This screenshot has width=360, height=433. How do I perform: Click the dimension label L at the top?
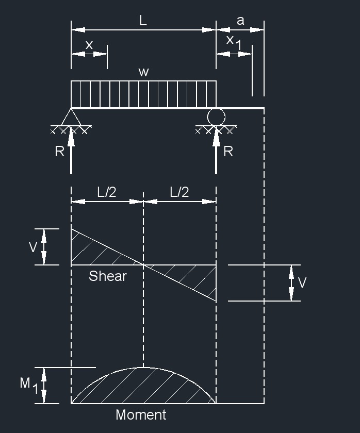coord(143,21)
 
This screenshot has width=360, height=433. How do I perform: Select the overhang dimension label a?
coord(240,21)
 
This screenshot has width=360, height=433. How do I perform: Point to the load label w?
coord(143,72)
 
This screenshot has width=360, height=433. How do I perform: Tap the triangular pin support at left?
coord(71,117)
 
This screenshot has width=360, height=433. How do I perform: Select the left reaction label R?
coord(59,152)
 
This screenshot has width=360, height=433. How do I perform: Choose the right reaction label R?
coord(228,152)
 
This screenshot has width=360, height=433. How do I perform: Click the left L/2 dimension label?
coord(107,192)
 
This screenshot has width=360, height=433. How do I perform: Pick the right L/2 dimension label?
coord(179,192)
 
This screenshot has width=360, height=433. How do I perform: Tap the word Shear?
coord(107,276)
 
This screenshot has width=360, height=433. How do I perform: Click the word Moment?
coord(141,415)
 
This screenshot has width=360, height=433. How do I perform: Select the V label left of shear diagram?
coord(33,247)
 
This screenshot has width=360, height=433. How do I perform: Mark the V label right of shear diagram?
coord(302,283)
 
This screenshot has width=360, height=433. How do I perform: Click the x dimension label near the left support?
coord(89,45)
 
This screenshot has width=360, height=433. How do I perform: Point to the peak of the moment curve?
coord(143,368)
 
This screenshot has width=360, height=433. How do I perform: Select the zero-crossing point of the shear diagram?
coord(143,265)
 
